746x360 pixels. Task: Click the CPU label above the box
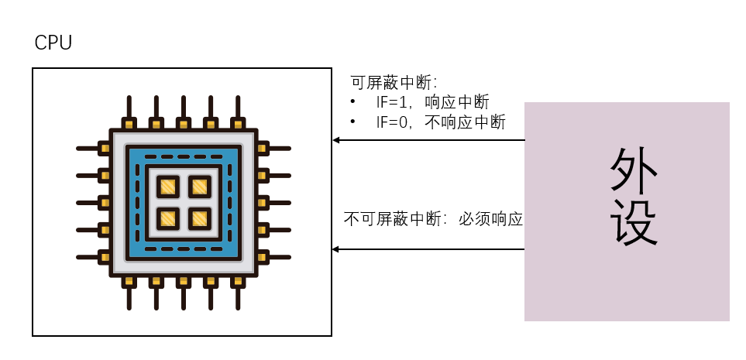pos(53,43)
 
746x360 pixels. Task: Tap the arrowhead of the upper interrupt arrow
pos(336,140)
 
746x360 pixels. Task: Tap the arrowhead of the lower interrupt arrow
pos(336,249)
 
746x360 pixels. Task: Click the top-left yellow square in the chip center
pos(168,187)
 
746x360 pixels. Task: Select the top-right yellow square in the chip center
pos(200,187)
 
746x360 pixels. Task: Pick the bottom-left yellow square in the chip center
pos(168,218)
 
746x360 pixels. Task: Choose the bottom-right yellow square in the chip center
pos(200,218)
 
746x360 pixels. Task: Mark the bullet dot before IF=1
pos(353,102)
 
